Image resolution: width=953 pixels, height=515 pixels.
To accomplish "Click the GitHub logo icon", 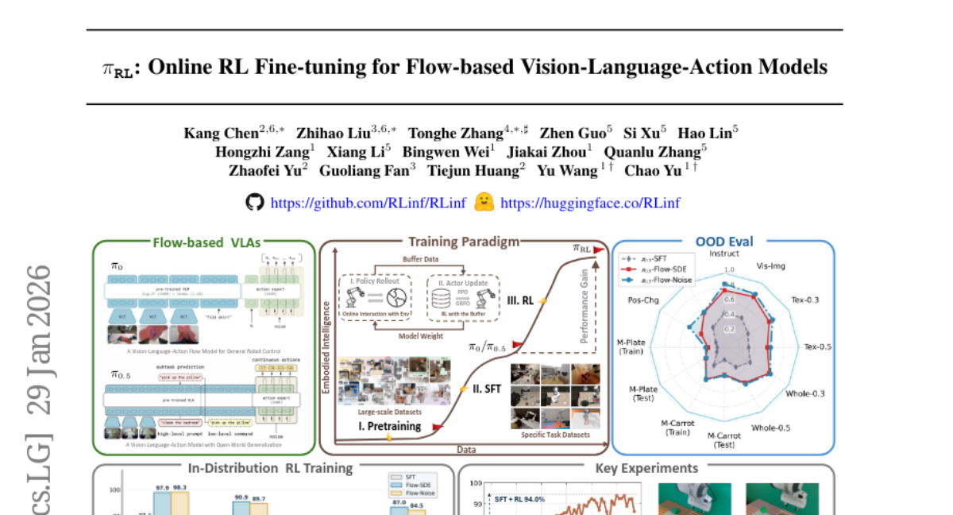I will click(254, 203).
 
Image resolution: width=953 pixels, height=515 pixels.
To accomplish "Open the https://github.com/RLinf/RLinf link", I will click(368, 203).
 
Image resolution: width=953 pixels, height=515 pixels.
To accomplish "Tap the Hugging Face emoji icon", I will click(484, 202).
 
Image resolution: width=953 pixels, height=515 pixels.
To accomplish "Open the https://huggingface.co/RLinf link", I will click(590, 203).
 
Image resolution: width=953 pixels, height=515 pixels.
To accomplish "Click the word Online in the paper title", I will click(176, 67).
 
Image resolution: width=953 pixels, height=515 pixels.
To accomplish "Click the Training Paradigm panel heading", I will click(464, 242).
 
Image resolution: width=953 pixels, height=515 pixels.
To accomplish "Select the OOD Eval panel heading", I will click(724, 242).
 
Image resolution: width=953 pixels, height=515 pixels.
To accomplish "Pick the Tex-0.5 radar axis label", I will click(817, 347).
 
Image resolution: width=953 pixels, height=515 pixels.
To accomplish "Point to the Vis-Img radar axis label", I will click(771, 265).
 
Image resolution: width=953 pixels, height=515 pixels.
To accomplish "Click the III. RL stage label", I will click(519, 301).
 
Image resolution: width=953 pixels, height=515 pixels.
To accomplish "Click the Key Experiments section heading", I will click(646, 468).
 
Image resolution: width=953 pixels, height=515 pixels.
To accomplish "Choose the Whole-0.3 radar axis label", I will click(805, 393).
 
